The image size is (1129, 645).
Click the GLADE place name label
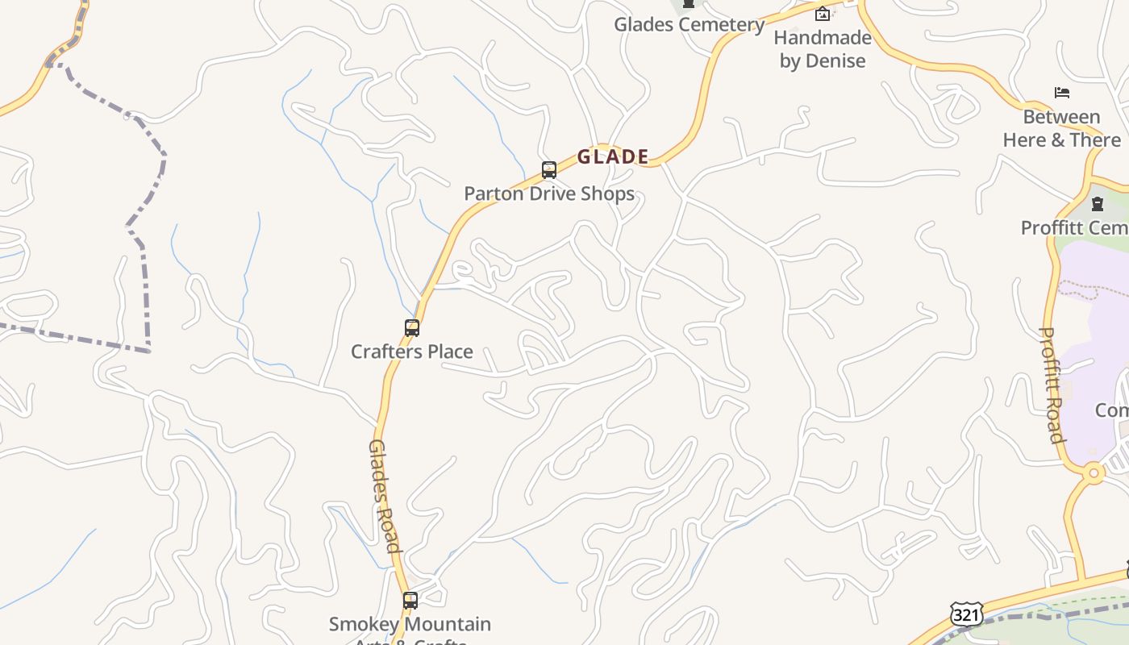tap(613, 156)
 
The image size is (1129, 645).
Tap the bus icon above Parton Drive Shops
tap(549, 170)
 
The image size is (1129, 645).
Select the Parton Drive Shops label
tap(548, 194)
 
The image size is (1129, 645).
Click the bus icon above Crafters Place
tap(412, 328)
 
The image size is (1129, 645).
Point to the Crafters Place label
tap(411, 352)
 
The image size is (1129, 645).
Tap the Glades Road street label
tap(384, 495)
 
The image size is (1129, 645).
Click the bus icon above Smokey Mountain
tap(410, 601)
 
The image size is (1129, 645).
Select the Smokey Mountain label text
tap(410, 624)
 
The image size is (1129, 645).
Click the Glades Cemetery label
tap(689, 24)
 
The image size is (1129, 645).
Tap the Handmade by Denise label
tap(823, 49)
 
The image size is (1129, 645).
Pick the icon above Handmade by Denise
tap(823, 14)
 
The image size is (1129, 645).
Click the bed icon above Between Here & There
tap(1062, 93)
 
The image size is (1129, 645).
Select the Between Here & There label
tap(1061, 128)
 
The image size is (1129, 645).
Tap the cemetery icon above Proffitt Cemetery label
tap(1097, 204)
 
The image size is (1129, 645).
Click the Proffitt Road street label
tap(1052, 385)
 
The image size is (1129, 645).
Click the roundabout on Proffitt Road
tap(1094, 473)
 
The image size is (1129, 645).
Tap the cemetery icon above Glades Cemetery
tap(689, 4)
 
